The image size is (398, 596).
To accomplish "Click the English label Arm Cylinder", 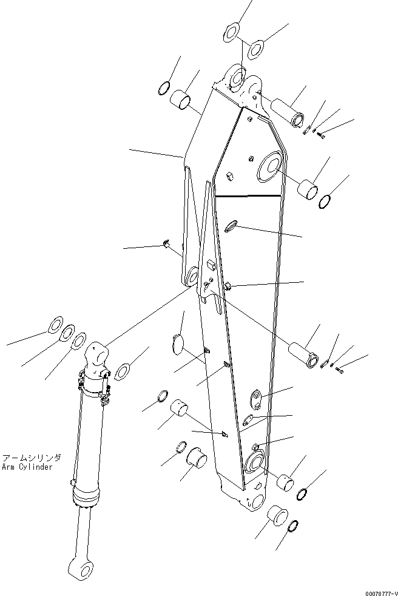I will pos(27,467).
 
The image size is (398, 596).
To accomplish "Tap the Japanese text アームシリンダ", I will pos(27,459).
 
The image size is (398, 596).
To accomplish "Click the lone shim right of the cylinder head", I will pos(123,370).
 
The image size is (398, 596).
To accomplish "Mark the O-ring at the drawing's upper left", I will pos(163,89).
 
